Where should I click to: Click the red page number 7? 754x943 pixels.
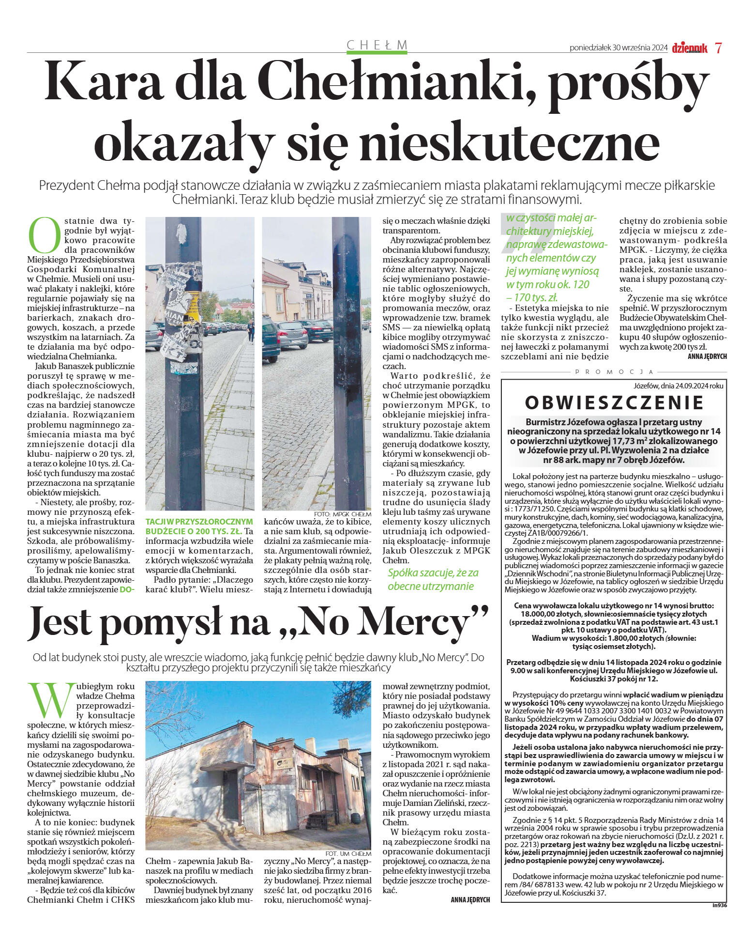718,48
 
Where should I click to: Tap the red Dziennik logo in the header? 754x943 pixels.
689,48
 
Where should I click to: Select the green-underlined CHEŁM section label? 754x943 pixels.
377,45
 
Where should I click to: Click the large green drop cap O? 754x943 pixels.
45,236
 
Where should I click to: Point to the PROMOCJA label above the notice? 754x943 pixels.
614,372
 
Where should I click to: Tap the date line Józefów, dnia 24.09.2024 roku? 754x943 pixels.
678,386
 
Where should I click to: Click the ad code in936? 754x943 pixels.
719,904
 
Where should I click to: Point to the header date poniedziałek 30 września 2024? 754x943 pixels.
618,48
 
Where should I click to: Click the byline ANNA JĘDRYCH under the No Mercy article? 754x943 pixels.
470,899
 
